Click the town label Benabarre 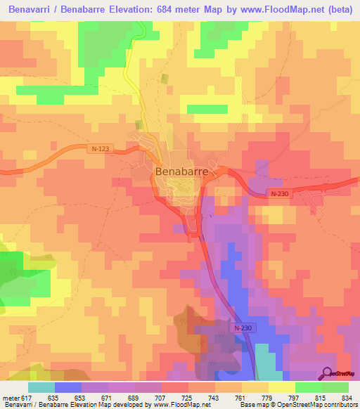(x=181, y=171)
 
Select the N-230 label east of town (x=279, y=194)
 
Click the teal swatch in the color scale (x=41, y=387)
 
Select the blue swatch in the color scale (x=68, y=387)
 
